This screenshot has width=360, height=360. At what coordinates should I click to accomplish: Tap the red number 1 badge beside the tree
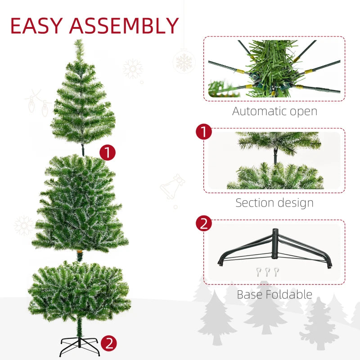pyautogui.click(x=108, y=152)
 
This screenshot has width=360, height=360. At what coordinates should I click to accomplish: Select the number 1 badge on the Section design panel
pyautogui.click(x=204, y=132)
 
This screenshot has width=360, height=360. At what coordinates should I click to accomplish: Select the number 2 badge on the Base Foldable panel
pyautogui.click(x=204, y=224)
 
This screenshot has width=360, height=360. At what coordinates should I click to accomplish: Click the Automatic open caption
pyautogui.click(x=274, y=111)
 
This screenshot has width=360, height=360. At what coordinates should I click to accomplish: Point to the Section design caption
pyautogui.click(x=274, y=202)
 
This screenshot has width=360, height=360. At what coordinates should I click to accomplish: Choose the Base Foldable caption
pyautogui.click(x=274, y=295)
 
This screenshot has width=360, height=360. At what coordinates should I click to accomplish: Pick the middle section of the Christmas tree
pyautogui.click(x=80, y=205)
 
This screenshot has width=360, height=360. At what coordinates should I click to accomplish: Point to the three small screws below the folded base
pyautogui.click(x=267, y=271)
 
